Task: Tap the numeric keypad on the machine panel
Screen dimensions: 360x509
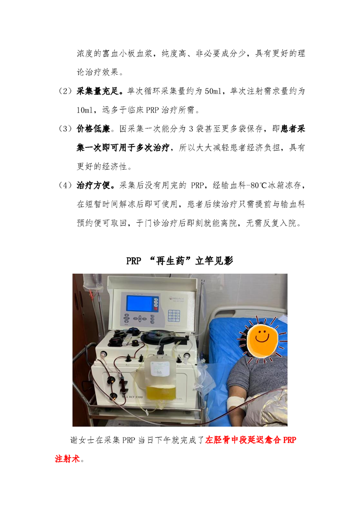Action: click(x=174, y=316)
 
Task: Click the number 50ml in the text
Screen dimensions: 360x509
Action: click(x=213, y=91)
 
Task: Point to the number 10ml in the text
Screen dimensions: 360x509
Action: click(x=85, y=110)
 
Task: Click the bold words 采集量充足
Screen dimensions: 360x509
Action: click(x=98, y=91)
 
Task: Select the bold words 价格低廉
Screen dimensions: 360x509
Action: click(x=94, y=129)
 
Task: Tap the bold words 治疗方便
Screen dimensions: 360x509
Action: click(x=94, y=186)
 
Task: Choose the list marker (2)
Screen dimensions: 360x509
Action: click(x=64, y=91)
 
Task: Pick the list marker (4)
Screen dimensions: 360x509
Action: click(x=64, y=186)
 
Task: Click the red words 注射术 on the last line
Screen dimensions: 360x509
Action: click(x=67, y=459)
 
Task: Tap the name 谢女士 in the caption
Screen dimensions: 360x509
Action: click(x=83, y=440)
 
